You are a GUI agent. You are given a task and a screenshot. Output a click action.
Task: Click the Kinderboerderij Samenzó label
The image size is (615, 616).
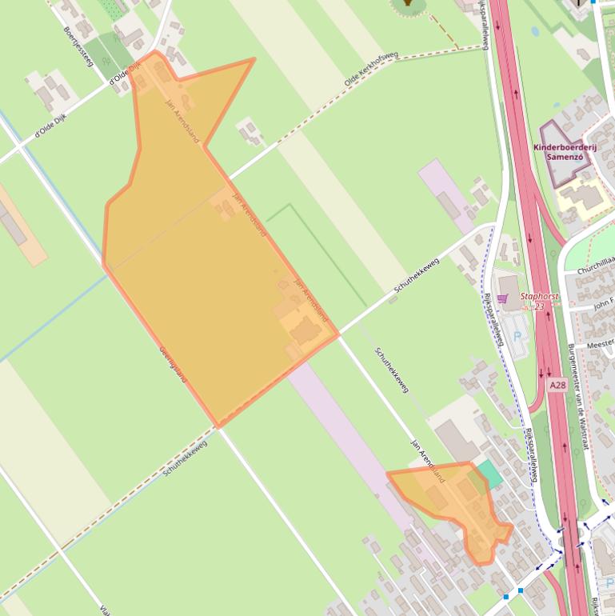point(563,151)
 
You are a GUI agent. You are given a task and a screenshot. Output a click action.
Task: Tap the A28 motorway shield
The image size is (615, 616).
point(557,386)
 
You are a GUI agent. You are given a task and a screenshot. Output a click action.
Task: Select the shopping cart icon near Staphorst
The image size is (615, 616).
point(502,298)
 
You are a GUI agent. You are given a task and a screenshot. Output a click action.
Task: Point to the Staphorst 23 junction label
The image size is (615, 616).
point(539,300)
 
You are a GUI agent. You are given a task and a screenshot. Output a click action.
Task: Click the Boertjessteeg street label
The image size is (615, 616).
point(78,46)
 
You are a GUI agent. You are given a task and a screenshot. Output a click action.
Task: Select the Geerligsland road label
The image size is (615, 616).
point(173,364)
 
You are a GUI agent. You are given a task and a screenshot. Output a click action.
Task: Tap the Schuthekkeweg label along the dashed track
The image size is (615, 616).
point(186,458)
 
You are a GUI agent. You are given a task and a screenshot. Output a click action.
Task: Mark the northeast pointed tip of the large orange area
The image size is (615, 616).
point(254,59)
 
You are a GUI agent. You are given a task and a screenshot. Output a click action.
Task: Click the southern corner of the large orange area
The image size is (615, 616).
point(216,424)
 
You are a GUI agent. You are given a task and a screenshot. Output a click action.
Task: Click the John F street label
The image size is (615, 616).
point(603,304)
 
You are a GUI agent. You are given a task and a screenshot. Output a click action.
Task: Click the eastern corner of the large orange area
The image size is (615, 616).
point(338,332)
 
